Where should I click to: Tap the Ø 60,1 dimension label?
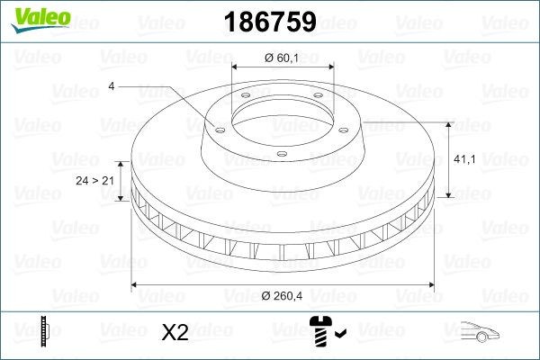pos(282,58)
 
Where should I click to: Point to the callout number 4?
pos(111,87)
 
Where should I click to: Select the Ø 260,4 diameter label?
pos(282,298)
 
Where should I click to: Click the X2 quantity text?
pos(174,333)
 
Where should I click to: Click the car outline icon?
pos(483,333)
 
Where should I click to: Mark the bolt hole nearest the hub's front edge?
pos(281,154)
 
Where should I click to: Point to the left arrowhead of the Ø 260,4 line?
pos(136,285)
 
